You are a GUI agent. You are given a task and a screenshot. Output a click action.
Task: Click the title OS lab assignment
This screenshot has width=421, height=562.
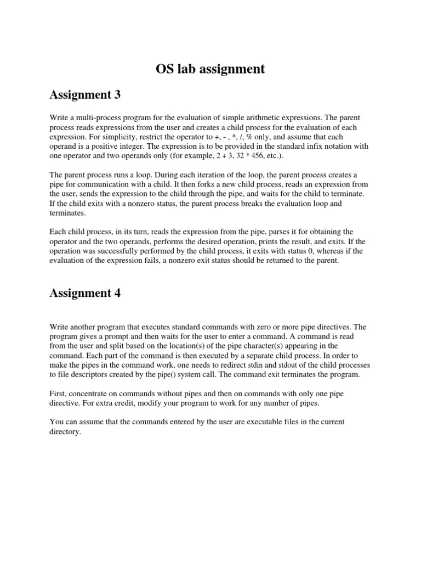click(210, 69)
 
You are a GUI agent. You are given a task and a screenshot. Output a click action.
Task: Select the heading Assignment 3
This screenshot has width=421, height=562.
click(85, 95)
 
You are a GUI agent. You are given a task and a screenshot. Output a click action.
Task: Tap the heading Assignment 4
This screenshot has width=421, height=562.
click(85, 293)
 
